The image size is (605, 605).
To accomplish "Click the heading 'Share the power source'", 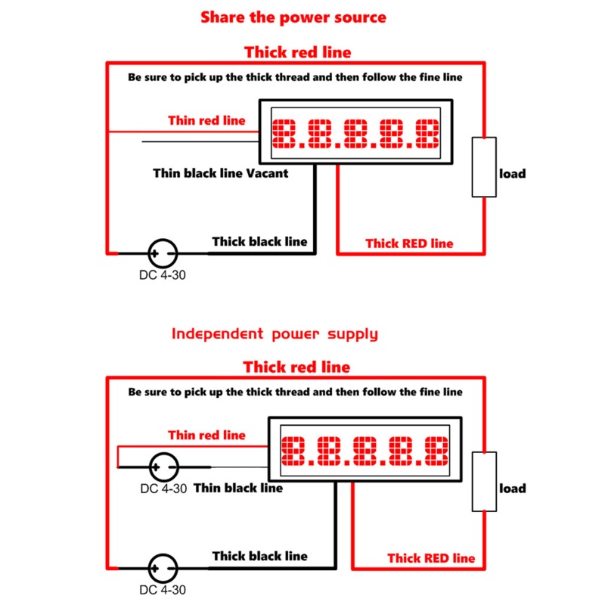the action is (x=293, y=17).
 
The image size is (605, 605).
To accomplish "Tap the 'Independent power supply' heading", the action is (x=275, y=334).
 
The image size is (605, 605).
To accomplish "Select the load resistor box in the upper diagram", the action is (x=484, y=167).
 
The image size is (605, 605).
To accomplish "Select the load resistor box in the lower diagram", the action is (x=484, y=482).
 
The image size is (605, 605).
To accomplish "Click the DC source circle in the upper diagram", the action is (x=163, y=253).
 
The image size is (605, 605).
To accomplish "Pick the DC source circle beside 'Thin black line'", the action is (x=163, y=467).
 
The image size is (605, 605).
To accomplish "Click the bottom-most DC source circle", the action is (x=163, y=569).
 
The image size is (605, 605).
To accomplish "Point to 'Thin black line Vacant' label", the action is (x=220, y=173).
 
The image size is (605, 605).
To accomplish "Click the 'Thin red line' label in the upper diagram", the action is (x=206, y=120).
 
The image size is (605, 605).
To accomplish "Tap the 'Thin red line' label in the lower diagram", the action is (x=206, y=436).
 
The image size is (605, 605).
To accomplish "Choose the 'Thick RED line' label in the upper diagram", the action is (x=409, y=244).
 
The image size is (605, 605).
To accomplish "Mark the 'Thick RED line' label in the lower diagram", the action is (x=431, y=558).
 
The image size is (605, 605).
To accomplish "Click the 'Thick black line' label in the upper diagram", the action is (x=259, y=241).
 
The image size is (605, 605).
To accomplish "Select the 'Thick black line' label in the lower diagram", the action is (x=259, y=556).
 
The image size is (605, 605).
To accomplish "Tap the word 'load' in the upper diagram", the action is (x=513, y=174).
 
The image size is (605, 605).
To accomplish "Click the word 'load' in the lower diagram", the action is (x=513, y=489).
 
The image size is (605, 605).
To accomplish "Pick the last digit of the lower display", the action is (x=437, y=451).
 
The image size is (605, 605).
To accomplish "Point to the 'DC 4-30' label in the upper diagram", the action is (x=163, y=275).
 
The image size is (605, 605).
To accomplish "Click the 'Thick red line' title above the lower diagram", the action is (x=296, y=367).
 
